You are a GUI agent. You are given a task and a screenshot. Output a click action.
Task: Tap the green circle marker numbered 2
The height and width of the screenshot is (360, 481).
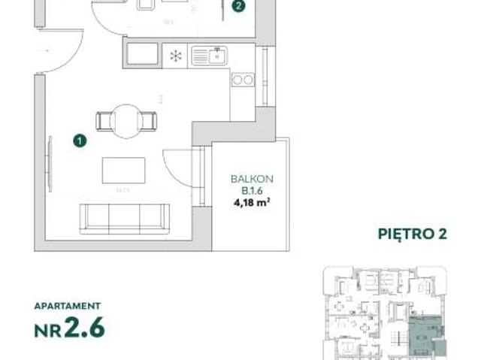238,7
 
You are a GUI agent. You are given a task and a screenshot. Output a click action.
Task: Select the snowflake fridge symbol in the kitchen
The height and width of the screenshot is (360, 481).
174,56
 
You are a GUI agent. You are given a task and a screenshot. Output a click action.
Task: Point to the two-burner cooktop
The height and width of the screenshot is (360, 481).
242,80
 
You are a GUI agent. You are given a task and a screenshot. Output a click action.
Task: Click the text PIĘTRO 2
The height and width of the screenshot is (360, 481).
411,234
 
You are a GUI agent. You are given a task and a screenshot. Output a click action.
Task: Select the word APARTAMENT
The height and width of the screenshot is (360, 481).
67,307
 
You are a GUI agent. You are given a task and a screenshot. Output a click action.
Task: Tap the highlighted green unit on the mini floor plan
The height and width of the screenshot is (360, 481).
424,331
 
